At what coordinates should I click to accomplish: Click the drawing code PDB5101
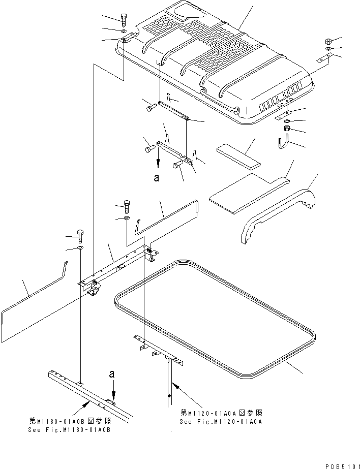click(342, 466)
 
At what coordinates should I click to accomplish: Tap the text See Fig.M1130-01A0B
click(70, 430)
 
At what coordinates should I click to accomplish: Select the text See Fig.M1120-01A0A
click(221, 422)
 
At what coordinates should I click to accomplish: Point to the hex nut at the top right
click(327, 41)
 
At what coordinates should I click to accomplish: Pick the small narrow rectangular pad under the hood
click(238, 157)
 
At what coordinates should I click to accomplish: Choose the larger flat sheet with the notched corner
click(249, 196)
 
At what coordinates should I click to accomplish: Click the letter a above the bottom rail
click(112, 374)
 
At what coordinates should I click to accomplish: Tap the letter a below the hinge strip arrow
click(157, 178)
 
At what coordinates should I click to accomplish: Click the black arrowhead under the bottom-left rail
click(86, 405)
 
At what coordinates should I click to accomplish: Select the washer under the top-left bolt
click(124, 31)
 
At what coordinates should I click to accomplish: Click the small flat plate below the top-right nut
click(324, 58)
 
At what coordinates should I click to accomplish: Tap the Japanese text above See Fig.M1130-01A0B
click(70, 421)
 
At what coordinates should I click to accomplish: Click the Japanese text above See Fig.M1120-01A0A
click(222, 413)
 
